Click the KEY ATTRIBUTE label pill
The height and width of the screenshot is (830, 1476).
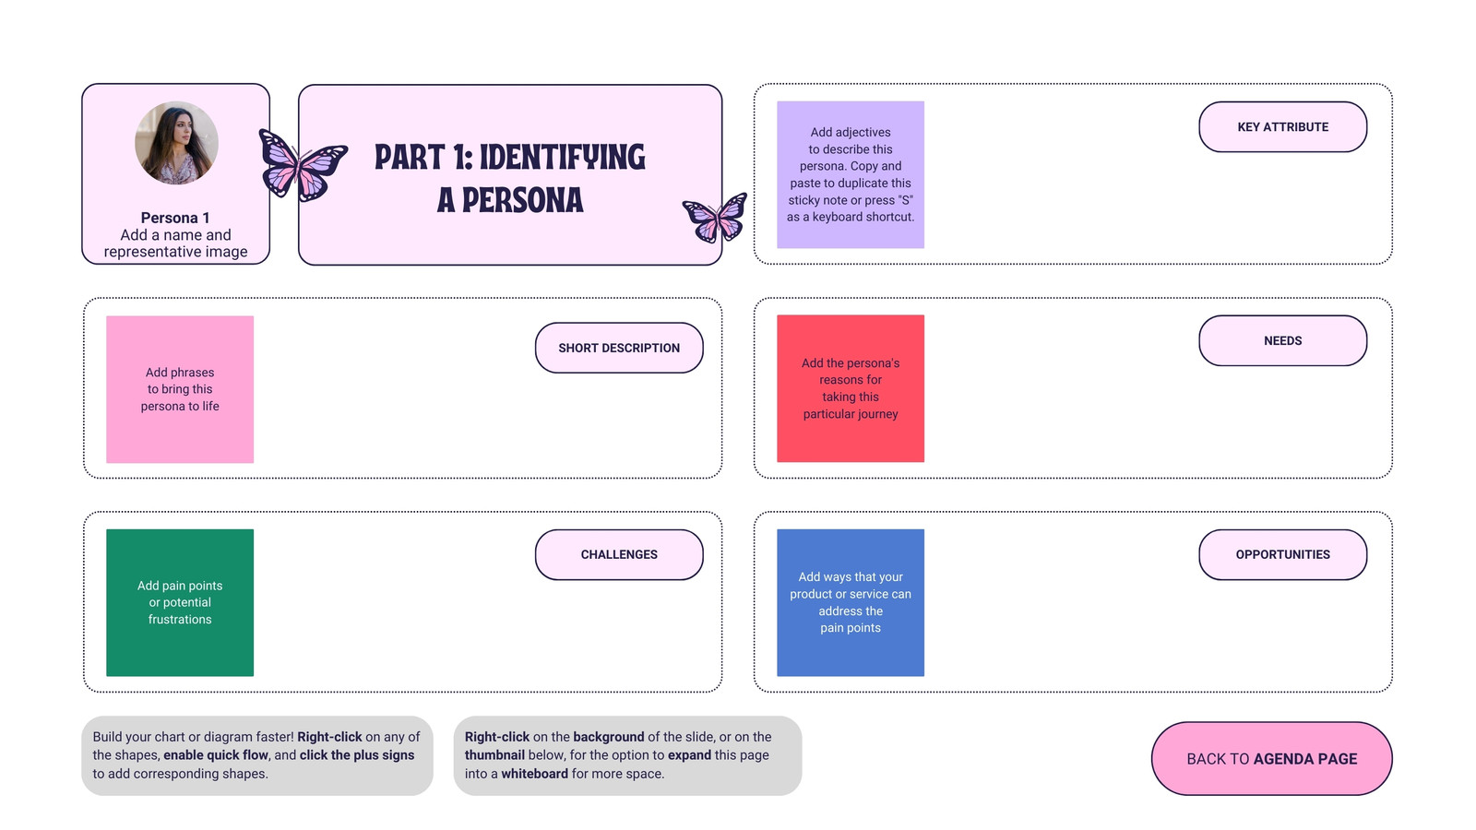1282,127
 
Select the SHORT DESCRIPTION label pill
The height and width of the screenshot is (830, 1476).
619,348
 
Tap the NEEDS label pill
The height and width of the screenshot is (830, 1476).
1282,340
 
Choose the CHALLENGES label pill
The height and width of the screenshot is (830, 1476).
619,554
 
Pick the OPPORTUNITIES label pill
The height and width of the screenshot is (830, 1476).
1282,554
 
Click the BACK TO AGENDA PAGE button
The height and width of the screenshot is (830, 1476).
1272,759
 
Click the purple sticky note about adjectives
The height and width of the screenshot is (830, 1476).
850,174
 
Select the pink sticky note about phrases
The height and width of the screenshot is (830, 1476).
180,389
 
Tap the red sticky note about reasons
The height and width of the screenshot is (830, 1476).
850,388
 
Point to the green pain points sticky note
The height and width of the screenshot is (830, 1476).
180,603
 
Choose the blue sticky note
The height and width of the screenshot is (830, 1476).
850,603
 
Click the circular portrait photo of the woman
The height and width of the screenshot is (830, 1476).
176,143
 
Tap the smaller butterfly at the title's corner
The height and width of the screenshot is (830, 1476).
715,218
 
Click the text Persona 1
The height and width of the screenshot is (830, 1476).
175,218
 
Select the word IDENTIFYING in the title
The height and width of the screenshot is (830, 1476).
562,158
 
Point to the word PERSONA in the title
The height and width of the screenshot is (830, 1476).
522,200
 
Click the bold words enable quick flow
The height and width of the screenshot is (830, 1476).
216,755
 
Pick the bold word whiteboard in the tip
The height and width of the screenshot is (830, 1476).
534,774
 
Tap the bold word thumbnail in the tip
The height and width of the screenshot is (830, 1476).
494,755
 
